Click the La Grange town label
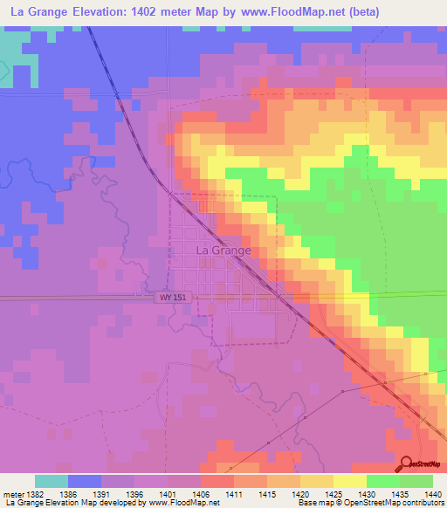pos(223,250)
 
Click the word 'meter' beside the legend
pos(13,494)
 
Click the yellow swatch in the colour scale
pos(350,481)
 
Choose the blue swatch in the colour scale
pos(84,481)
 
